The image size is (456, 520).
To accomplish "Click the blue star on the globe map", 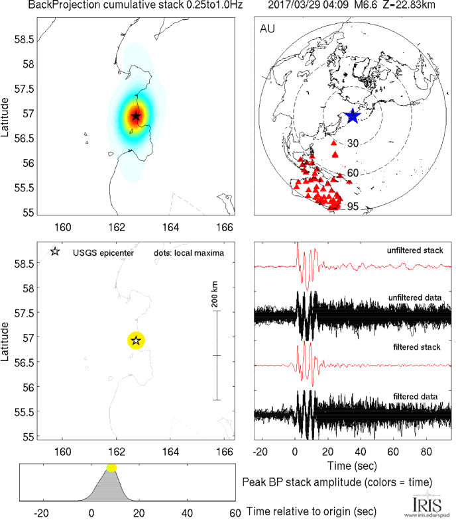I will (x=352, y=116).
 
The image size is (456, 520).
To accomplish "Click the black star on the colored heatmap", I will (x=136, y=116).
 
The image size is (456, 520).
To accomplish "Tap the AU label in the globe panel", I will (x=268, y=30).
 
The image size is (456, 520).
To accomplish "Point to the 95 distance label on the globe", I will (x=353, y=207).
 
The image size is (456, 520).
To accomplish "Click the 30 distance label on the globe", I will (x=353, y=143).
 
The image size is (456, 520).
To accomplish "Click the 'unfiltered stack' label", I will (x=416, y=250).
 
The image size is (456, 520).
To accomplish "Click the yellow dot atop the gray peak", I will (x=111, y=468).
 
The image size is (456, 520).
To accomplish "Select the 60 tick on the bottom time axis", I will (x=234, y=513).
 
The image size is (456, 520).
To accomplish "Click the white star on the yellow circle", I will (x=136, y=340).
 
